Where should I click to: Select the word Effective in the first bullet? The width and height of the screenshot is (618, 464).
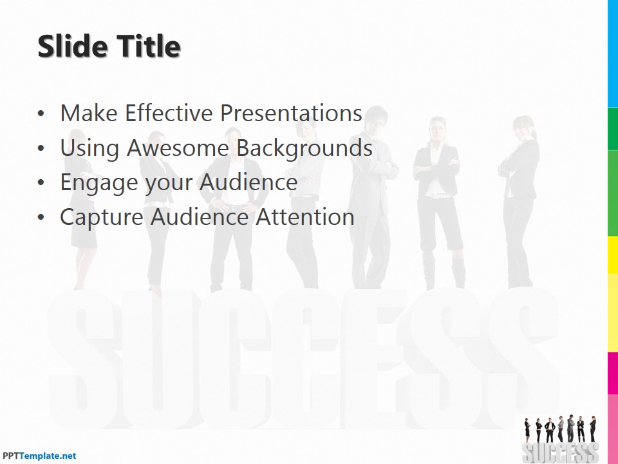pyautogui.click(x=169, y=113)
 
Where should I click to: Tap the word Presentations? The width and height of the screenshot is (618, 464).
pyautogui.click(x=290, y=113)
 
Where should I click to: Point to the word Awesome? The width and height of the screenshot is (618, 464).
pyautogui.click(x=178, y=148)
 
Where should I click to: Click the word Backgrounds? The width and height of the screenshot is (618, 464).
pyautogui.click(x=304, y=148)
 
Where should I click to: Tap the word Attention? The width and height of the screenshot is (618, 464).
pyautogui.click(x=305, y=217)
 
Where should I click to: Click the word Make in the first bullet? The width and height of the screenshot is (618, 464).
pyautogui.click(x=89, y=113)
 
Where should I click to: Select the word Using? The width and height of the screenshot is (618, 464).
pyautogui.click(x=89, y=148)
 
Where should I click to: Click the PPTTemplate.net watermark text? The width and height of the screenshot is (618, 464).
pyautogui.click(x=39, y=456)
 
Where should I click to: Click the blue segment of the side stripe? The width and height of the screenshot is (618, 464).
pyautogui.click(x=613, y=52)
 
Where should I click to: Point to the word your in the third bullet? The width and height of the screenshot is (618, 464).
pyautogui.click(x=169, y=183)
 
